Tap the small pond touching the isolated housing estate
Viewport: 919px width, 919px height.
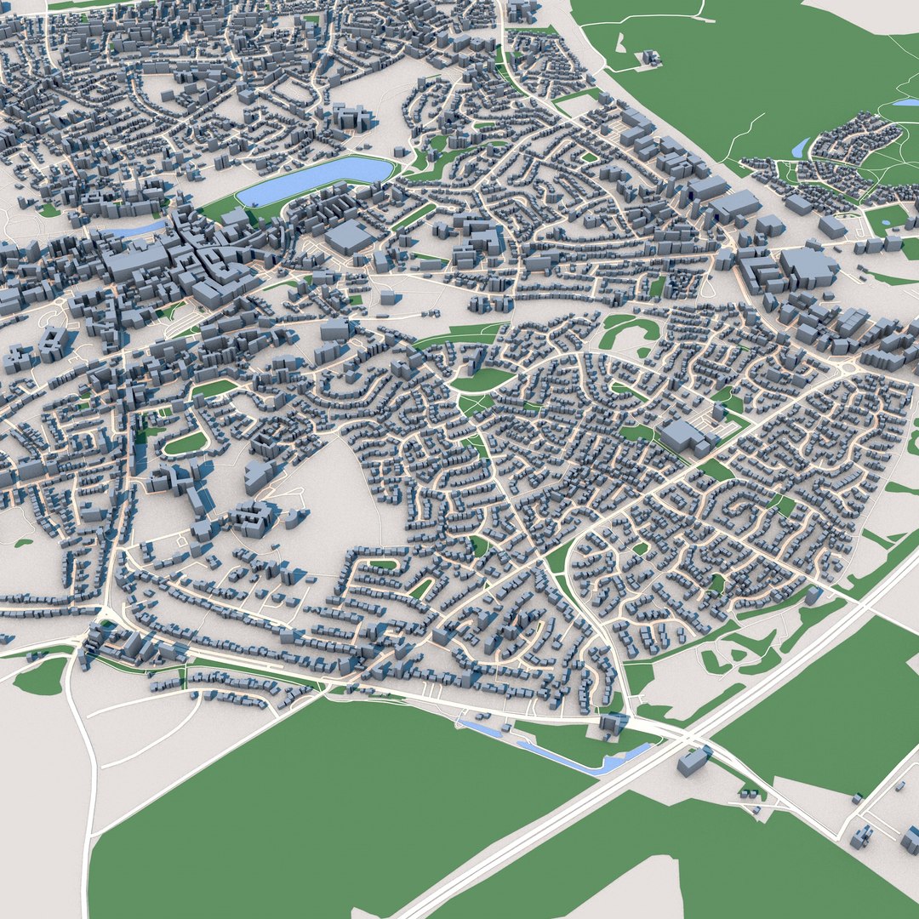(800, 148)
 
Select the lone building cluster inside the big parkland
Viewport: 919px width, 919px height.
(652, 57)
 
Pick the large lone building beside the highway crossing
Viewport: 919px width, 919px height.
(694, 760)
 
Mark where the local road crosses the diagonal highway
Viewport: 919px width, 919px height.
(688, 738)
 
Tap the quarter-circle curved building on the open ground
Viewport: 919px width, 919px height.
(294, 518)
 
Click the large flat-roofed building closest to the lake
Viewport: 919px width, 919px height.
(348, 237)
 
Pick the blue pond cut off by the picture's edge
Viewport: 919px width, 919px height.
(904, 103)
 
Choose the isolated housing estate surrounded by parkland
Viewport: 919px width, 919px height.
(851, 153)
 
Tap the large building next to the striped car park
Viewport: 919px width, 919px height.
(681, 436)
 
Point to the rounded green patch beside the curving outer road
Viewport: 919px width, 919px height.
(40, 676)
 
